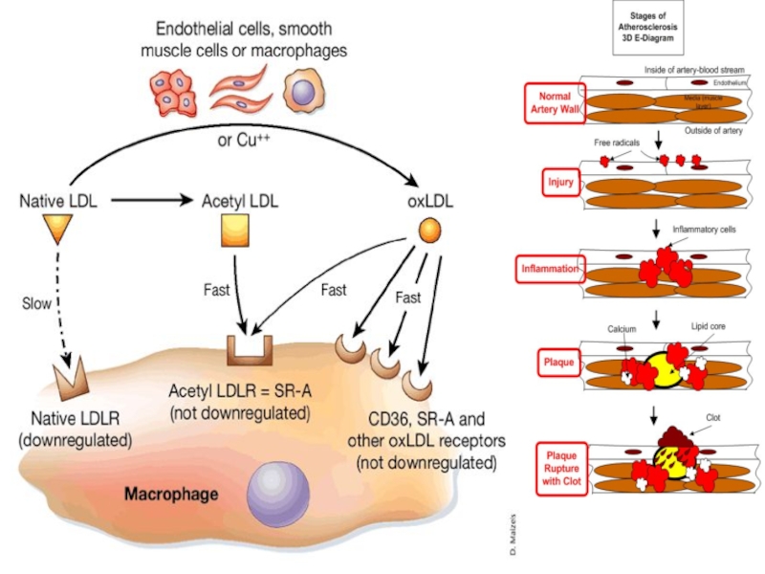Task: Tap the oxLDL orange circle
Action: click(x=430, y=230)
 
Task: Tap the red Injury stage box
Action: click(x=559, y=182)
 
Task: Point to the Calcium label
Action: click(x=622, y=329)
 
